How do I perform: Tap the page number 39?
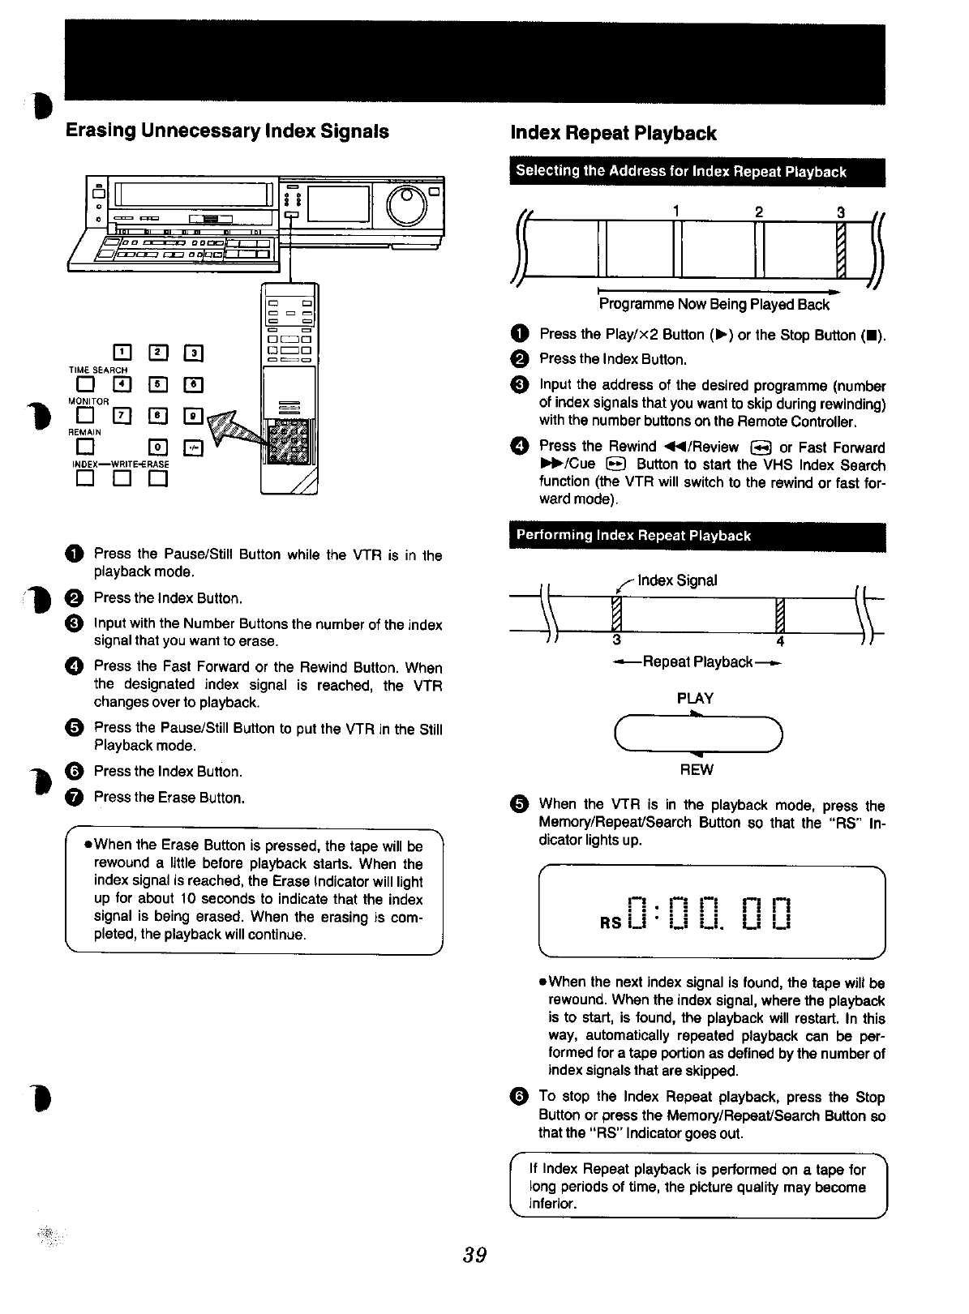[474, 1255]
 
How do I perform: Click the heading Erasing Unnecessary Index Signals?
[227, 131]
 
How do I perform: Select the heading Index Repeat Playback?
[614, 133]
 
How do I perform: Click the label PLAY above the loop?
[695, 699]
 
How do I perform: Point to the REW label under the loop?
[696, 769]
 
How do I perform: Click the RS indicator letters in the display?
[611, 922]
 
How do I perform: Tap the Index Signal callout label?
[677, 580]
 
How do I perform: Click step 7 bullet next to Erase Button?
[73, 798]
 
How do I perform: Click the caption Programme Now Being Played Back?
[714, 305]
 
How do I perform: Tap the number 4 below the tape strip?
[780, 642]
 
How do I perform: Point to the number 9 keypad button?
[194, 416]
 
